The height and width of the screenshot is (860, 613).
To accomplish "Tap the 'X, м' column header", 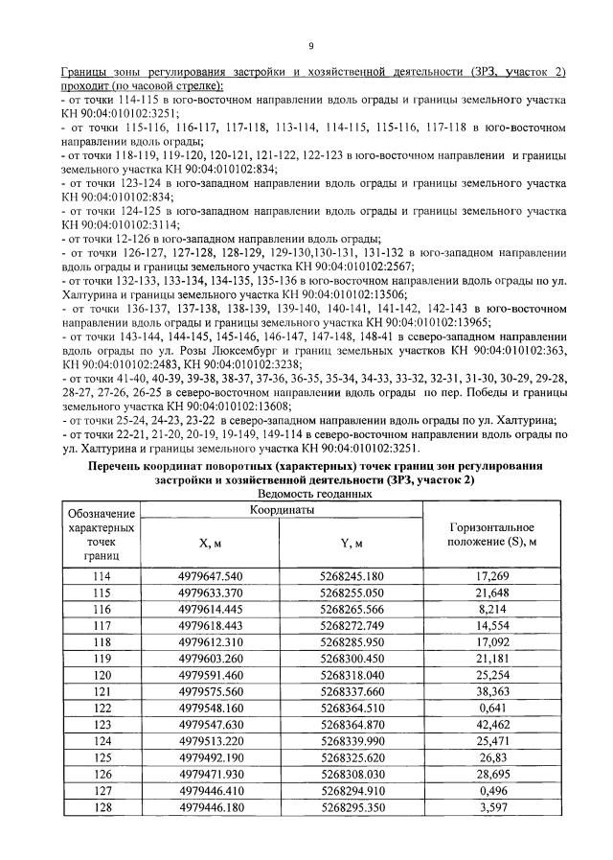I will [211, 543].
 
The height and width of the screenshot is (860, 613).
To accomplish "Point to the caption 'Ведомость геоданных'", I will [314, 493].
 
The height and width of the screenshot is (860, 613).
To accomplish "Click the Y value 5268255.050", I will [352, 593].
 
